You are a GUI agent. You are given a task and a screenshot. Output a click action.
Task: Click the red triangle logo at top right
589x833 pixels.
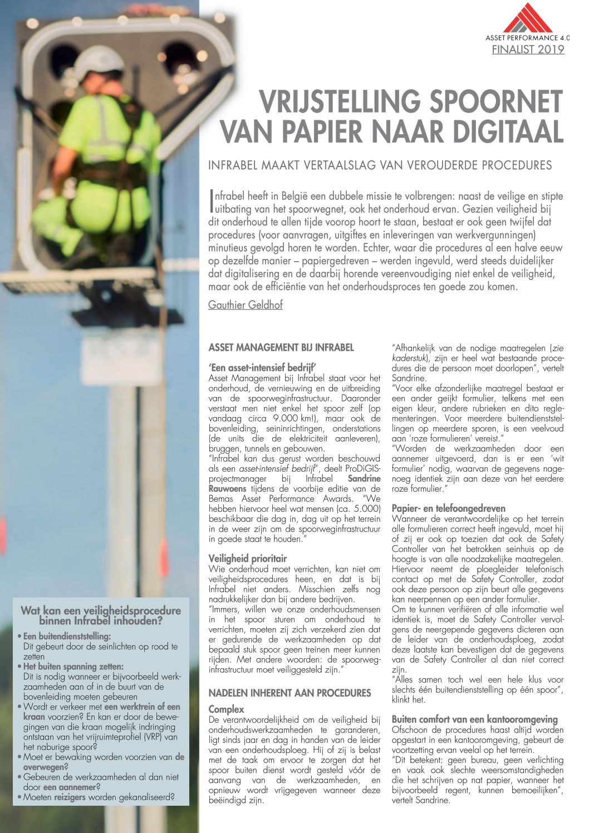527,18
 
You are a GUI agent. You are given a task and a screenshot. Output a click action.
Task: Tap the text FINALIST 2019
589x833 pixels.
528,50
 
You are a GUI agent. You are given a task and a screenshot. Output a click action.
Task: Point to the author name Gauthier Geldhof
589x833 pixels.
246,305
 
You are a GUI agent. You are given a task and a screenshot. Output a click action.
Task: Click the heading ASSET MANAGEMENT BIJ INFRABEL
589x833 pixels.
281,348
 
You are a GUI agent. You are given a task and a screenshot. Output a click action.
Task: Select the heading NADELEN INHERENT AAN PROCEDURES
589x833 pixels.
289,693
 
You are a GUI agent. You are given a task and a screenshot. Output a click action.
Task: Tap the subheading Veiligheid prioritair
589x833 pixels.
248,558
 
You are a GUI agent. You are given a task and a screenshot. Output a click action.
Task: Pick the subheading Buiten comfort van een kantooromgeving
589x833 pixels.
475,719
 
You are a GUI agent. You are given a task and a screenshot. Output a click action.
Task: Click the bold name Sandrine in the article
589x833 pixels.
364,478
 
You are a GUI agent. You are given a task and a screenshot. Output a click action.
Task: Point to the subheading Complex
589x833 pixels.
227,709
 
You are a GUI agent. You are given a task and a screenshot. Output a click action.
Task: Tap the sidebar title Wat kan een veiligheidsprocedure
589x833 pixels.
101,611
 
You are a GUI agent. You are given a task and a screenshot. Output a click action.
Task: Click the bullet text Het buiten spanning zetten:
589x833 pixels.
73,667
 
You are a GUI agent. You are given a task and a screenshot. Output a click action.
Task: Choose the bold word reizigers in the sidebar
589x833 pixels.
70,797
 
